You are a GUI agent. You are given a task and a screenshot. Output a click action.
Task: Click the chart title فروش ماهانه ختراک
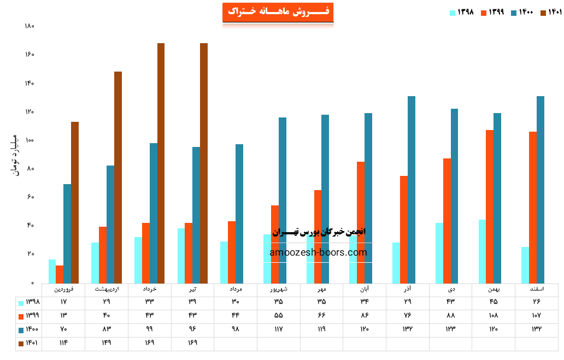(x=278, y=12)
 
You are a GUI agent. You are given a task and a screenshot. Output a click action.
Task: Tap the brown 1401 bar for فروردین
(x=75, y=202)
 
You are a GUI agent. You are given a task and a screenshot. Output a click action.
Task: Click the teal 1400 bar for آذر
(x=412, y=190)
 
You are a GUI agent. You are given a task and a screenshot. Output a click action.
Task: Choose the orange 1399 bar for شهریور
(x=275, y=244)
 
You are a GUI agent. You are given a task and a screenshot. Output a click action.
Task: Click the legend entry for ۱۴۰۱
(x=551, y=13)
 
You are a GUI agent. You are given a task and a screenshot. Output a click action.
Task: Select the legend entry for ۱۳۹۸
(x=462, y=13)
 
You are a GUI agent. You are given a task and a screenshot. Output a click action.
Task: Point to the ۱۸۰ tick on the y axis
(x=30, y=26)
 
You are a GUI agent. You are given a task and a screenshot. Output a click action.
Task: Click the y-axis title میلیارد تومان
(x=15, y=155)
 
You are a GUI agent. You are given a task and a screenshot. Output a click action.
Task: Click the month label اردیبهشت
(x=107, y=288)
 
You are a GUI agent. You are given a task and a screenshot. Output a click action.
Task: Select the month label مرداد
(x=236, y=288)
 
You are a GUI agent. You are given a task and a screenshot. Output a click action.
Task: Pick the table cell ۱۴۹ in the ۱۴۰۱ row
(x=107, y=343)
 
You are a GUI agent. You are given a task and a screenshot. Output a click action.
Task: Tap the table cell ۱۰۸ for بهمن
(x=493, y=316)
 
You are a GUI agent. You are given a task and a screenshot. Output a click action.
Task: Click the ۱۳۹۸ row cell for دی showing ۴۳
(x=450, y=302)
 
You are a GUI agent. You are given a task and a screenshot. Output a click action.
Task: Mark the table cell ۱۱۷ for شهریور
(x=279, y=329)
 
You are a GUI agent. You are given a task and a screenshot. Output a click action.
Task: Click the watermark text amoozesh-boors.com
(x=318, y=252)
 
